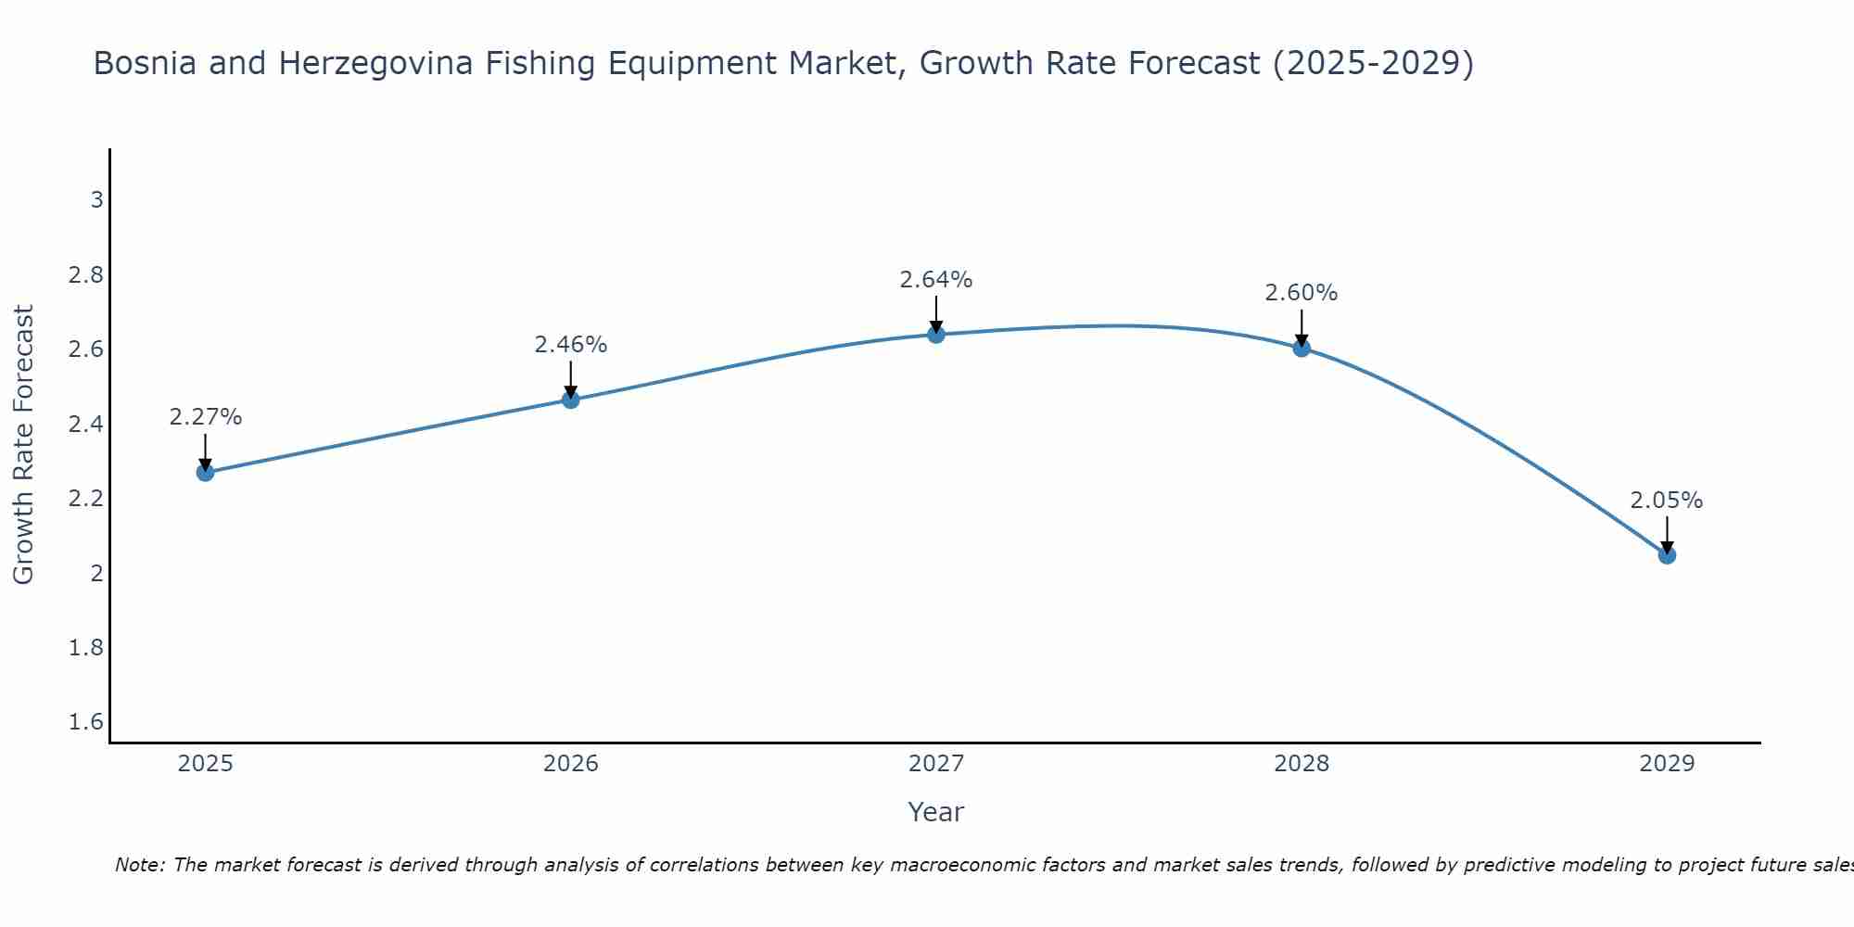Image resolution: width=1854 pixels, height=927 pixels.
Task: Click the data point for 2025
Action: [x=206, y=473]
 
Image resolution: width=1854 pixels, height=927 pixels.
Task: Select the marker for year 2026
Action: [x=571, y=400]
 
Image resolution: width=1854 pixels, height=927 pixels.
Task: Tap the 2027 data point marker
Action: [x=936, y=335]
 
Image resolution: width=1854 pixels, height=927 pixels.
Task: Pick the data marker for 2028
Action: [x=1302, y=349]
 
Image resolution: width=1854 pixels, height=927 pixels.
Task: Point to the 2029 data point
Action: [x=1667, y=555]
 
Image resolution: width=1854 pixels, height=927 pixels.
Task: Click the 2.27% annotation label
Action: [x=206, y=417]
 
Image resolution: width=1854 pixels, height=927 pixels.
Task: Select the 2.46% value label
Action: [x=571, y=345]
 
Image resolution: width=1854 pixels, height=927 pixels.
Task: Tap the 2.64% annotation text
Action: [x=936, y=280]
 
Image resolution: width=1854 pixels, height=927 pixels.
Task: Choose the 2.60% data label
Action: [x=1302, y=293]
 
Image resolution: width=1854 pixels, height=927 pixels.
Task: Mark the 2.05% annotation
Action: [x=1667, y=501]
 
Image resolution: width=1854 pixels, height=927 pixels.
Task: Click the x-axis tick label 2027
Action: [x=936, y=764]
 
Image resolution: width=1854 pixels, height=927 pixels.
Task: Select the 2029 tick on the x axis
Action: [x=1667, y=764]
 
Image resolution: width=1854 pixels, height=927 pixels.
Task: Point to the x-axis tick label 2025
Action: [x=206, y=764]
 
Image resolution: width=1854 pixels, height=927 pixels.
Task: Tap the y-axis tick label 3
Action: [x=96, y=200]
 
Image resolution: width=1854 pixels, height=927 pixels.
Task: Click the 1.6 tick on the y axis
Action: [x=86, y=722]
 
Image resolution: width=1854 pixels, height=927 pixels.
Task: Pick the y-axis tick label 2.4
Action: [x=86, y=425]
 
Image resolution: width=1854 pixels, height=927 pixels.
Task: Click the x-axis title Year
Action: [x=936, y=812]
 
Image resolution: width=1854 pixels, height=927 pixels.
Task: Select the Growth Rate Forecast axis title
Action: [x=24, y=445]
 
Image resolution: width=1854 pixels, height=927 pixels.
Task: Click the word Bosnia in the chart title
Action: [x=145, y=64]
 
